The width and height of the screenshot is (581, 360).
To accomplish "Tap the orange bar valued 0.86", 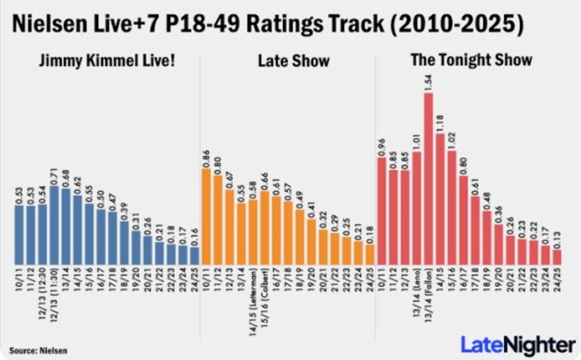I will [206, 216].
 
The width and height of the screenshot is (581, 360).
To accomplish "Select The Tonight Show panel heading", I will [471, 60].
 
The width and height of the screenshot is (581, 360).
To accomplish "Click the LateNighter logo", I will [518, 344].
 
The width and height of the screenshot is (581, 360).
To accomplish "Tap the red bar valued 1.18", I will [440, 199].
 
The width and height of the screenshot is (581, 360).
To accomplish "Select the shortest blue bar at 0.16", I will [194, 255].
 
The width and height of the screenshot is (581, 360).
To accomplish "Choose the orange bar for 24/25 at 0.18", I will [370, 254].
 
